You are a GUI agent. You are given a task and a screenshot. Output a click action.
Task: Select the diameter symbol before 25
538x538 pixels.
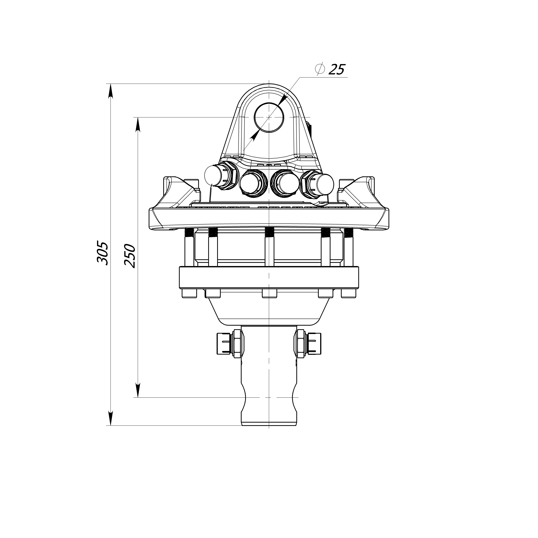click(320, 69)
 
